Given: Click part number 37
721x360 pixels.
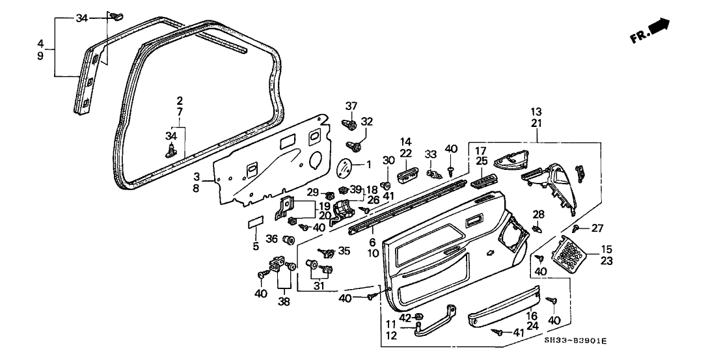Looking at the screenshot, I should (x=351, y=106).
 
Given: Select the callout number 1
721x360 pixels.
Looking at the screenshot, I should (x=368, y=165).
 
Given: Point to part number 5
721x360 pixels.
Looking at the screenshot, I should (x=256, y=247).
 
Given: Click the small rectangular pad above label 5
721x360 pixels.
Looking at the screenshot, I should (x=255, y=223).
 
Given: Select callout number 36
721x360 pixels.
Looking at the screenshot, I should (x=272, y=239).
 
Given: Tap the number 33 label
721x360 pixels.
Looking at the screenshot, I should (x=430, y=154).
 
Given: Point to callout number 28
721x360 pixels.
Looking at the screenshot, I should (x=538, y=214).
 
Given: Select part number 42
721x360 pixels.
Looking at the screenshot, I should (x=405, y=318).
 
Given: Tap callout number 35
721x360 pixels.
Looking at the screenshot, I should (x=344, y=250).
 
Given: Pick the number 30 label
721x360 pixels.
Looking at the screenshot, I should (x=389, y=161).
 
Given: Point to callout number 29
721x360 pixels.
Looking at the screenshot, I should (x=312, y=193).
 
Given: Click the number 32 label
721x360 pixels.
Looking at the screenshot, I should (x=367, y=121).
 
